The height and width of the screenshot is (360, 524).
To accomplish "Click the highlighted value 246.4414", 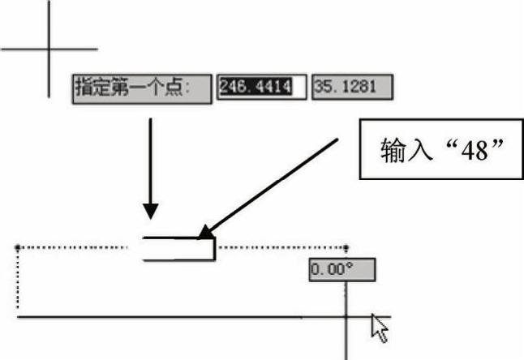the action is click(x=256, y=87).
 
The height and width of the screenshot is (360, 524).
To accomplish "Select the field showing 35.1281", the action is click(x=352, y=87).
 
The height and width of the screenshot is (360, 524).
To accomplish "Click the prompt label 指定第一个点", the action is click(x=129, y=87).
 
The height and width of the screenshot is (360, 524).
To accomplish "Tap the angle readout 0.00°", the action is click(x=342, y=269).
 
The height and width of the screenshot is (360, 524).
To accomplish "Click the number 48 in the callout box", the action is click(x=475, y=151).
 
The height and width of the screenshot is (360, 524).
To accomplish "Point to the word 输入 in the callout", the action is click(x=405, y=150).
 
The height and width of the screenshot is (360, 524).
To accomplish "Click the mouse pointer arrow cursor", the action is click(x=380, y=328).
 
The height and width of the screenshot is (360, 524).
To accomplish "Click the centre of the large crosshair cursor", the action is click(x=49, y=49).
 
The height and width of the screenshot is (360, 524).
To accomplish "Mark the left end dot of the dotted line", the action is click(x=18, y=247).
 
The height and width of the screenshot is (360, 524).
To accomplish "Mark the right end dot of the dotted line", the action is click(x=346, y=248).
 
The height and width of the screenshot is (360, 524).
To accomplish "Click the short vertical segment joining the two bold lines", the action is click(x=214, y=249).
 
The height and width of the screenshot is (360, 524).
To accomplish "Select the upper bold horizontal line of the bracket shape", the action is click(x=179, y=238).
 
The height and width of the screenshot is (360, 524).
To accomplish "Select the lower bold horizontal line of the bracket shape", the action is click(x=179, y=259).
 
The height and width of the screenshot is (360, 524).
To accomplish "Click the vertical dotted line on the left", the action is click(x=18, y=279).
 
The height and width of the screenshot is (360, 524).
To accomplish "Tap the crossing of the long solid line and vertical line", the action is click(x=346, y=316).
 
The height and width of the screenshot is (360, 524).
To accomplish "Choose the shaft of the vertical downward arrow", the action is click(x=150, y=161).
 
